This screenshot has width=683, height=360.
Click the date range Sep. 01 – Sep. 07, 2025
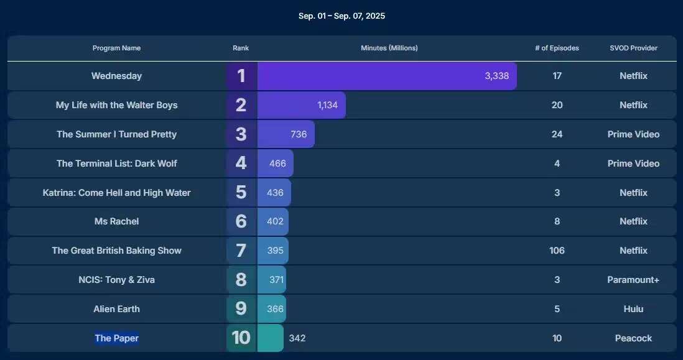341,16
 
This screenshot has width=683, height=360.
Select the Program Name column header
116,48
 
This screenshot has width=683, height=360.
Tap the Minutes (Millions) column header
389,48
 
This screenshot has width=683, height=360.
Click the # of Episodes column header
557,48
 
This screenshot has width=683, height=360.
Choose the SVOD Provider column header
633,48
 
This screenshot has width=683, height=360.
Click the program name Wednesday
116,76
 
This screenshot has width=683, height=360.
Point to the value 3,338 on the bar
496,76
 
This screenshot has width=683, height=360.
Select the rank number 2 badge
241,105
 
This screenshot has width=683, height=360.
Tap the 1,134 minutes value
327,105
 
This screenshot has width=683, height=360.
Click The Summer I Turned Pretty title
116,134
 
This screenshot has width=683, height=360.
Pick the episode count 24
557,134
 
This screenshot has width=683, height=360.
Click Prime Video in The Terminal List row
633,164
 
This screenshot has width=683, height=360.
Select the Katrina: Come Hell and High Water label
116,193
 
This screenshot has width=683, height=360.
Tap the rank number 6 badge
241,221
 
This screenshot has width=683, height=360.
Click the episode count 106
557,251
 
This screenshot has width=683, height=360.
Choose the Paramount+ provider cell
633,280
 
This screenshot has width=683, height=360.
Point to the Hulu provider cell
633,309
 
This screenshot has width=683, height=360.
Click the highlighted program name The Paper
116,338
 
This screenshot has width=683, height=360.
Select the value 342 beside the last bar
297,338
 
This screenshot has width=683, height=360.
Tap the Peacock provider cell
633,338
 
